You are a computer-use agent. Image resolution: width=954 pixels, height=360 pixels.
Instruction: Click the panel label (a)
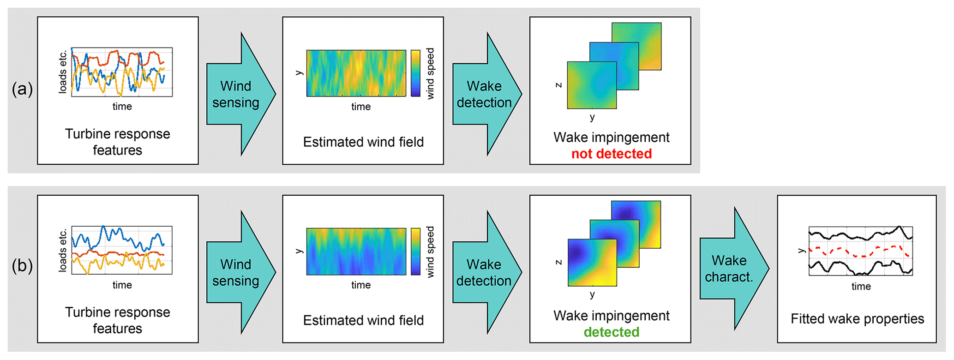[22, 89]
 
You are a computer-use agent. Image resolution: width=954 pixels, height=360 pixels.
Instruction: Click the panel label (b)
[22, 266]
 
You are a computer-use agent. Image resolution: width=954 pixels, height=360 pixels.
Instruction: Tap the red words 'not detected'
[611, 154]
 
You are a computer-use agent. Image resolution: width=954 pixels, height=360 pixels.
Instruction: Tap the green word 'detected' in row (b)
[611, 332]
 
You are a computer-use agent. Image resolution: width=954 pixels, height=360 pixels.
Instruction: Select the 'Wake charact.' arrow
[731, 269]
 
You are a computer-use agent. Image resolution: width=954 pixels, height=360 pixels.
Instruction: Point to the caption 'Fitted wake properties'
[857, 318]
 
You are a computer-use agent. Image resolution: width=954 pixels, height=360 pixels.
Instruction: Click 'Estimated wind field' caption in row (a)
[363, 142]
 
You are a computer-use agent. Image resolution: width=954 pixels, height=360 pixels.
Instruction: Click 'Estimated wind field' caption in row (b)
[363, 320]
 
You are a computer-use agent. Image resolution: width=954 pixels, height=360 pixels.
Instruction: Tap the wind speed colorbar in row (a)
[415, 73]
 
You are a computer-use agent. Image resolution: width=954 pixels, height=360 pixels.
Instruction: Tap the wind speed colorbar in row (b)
[415, 252]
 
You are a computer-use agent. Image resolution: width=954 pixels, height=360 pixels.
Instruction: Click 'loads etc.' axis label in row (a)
[63, 72]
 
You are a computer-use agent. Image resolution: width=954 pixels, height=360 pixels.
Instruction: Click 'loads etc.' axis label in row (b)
[63, 251]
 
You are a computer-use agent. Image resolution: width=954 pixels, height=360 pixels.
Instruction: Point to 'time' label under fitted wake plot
[861, 286]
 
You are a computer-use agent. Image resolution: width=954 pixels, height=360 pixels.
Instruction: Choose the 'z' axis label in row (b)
[558, 262]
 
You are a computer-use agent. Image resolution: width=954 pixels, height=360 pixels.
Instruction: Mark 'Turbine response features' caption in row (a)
[117, 142]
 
